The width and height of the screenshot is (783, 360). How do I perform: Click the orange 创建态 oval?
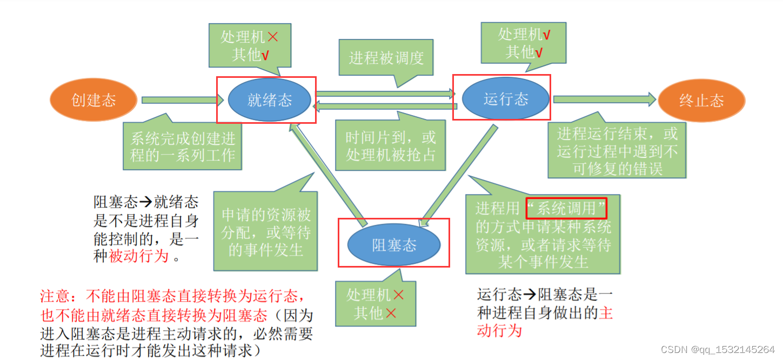[93, 101]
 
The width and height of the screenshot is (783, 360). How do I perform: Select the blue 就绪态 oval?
[270, 100]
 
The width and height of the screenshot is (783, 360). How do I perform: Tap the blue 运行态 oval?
[506, 99]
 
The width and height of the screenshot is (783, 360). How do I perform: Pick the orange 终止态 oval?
[701, 101]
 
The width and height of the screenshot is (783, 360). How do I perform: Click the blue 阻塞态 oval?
[394, 245]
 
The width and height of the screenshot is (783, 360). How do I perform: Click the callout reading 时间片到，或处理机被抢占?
[391, 146]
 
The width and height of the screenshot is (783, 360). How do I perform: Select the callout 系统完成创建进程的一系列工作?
[183, 146]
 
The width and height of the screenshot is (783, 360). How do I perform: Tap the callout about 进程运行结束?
[617, 151]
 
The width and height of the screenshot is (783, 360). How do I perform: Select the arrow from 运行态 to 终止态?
[604, 99]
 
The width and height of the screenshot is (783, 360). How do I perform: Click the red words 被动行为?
[139, 256]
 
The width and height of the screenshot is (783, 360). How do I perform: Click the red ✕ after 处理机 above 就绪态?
[273, 37]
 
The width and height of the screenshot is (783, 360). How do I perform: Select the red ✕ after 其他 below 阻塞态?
[391, 313]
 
